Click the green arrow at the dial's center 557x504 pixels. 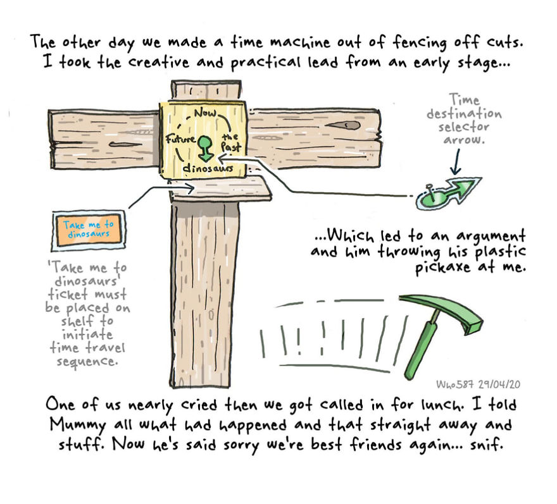click(x=204, y=145)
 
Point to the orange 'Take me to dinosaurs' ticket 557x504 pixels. click(x=88, y=228)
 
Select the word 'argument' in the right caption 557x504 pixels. click(x=494, y=237)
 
